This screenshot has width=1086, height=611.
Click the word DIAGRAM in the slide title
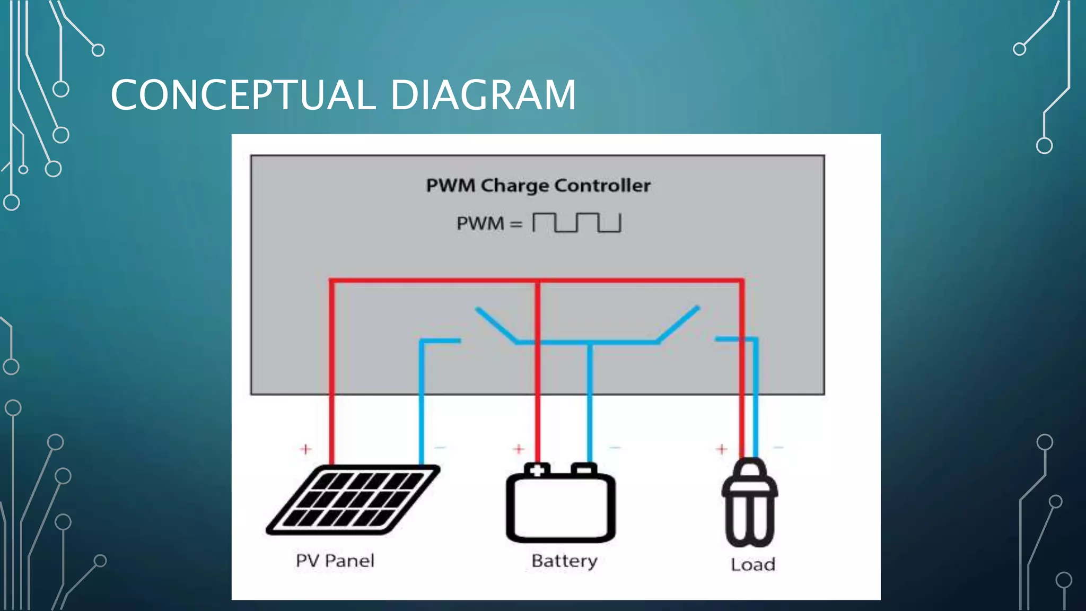(x=483, y=95)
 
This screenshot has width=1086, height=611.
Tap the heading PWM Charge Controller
(x=538, y=186)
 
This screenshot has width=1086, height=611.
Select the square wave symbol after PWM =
(x=576, y=223)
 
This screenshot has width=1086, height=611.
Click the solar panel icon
(x=353, y=500)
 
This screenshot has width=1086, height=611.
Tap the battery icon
(x=560, y=504)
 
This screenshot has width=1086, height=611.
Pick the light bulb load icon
(x=749, y=504)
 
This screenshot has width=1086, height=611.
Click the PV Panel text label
(x=335, y=561)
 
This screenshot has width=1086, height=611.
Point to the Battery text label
(x=564, y=561)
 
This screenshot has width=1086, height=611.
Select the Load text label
(x=752, y=564)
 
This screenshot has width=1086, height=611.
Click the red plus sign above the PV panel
(x=305, y=449)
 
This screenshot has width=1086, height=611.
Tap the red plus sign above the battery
(x=519, y=449)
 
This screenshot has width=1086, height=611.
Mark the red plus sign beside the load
(x=721, y=449)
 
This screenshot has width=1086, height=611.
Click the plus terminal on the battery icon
(x=537, y=470)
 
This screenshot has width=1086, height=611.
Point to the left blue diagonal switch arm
(x=496, y=325)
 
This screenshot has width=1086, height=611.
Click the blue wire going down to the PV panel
(x=422, y=403)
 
